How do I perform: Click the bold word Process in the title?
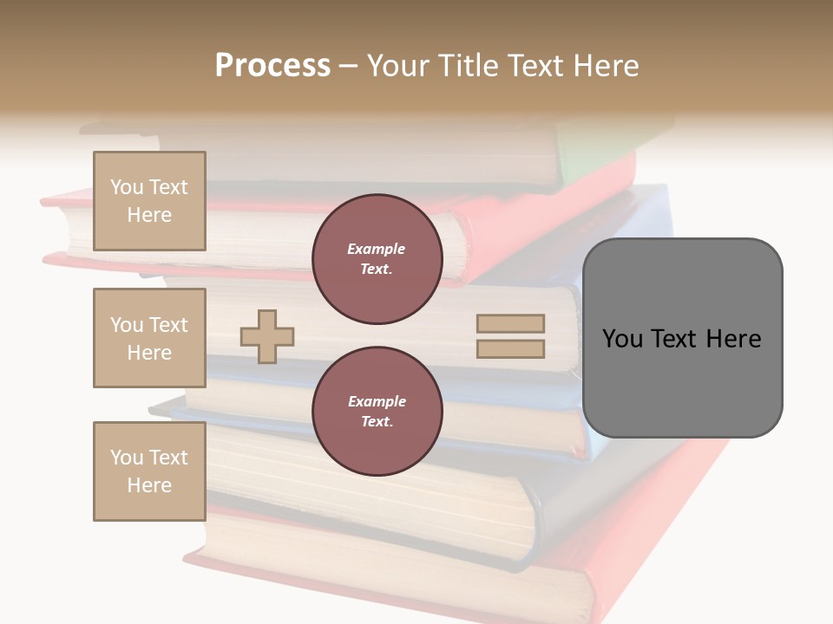click(272, 66)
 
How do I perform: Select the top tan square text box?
click(149, 201)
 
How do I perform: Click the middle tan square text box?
click(149, 338)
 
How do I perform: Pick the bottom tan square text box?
click(149, 471)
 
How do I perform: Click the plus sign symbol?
click(267, 336)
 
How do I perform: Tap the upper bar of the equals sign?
click(510, 323)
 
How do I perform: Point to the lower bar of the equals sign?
click(510, 348)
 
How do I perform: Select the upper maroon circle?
click(377, 259)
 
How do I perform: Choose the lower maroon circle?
click(377, 411)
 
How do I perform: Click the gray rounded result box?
click(682, 338)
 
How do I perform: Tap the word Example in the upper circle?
click(377, 249)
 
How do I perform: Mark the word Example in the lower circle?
click(377, 401)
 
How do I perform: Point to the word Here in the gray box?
click(733, 339)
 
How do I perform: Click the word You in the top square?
click(127, 187)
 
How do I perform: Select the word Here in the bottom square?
click(149, 485)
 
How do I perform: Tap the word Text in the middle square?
click(167, 325)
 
